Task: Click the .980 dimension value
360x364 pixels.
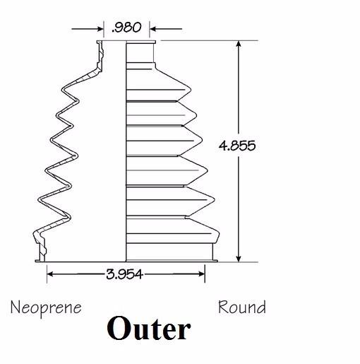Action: click(126, 28)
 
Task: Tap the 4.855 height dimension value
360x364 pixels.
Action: click(237, 146)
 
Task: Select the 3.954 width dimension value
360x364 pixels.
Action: click(124, 274)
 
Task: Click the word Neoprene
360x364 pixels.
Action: click(46, 307)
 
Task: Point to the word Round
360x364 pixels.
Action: click(242, 307)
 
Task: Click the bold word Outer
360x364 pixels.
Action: click(149, 329)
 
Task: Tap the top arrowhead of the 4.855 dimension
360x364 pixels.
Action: click(239, 45)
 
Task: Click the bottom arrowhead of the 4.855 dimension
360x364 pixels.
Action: click(239, 258)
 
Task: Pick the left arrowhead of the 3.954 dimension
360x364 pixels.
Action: click(50, 274)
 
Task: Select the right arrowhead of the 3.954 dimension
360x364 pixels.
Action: click(202, 274)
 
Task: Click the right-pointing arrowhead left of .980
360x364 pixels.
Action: click(100, 29)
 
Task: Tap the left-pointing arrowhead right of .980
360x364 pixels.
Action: click(153, 29)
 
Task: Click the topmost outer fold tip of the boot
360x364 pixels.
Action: click(190, 90)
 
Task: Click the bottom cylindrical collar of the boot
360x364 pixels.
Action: click(169, 252)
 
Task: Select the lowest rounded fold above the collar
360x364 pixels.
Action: click(173, 230)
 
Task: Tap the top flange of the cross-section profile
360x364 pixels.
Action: click(100, 42)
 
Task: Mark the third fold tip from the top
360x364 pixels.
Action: click(201, 140)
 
